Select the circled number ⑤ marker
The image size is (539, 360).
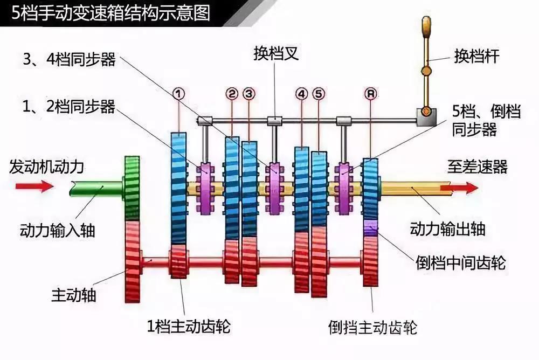[319, 93]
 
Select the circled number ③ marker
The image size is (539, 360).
[248, 93]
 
